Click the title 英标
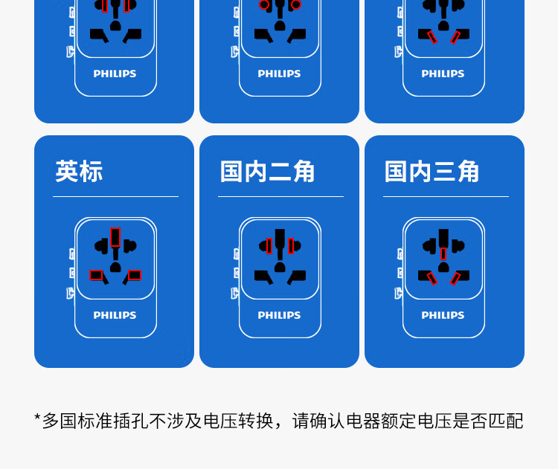pyautogui.click(x=79, y=172)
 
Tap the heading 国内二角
pyautogui.click(x=267, y=172)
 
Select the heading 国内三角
pyautogui.click(x=432, y=172)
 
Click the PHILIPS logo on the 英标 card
pyautogui.click(x=115, y=315)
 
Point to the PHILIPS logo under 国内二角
pyautogui.click(x=279, y=315)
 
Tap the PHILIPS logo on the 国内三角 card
pyautogui.click(x=443, y=315)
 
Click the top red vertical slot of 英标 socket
pyautogui.click(x=115, y=236)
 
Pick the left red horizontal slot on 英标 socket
pyautogui.click(x=96, y=275)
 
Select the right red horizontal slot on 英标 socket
pyautogui.click(x=134, y=275)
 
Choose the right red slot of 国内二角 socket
pyautogui.click(x=291, y=246)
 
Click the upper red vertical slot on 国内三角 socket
pyautogui.click(x=443, y=253)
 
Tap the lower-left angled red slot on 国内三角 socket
pyautogui.click(x=432, y=278)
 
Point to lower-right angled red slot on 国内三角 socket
pyautogui.click(x=455, y=278)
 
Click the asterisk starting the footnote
pyautogui.click(x=37, y=418)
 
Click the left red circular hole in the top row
pyautogui.click(x=264, y=4)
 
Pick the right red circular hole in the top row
pyautogui.click(x=296, y=4)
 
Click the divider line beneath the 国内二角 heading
pyautogui.click(x=280, y=197)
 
